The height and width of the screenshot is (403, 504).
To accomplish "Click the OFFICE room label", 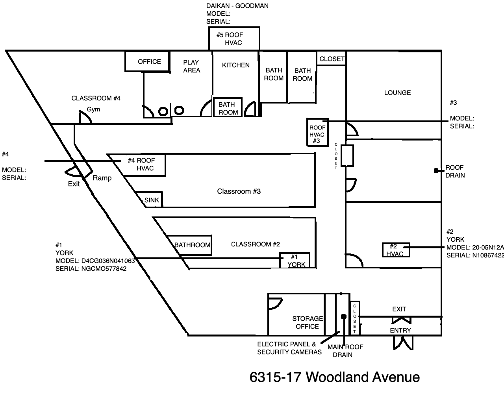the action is coord(149,61).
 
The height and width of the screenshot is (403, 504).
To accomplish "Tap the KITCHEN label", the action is coord(235,65).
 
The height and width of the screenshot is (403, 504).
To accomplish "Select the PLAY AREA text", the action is coord(191,66).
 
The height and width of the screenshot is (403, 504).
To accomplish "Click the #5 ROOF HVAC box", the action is coord(234,39).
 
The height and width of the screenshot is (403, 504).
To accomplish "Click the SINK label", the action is coord(152,200).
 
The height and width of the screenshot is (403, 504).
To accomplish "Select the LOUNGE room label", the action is coord(397,93).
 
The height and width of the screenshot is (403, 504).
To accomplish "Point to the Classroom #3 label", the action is coord(239,191).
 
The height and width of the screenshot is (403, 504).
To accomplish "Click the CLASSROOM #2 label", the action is coord(255,244).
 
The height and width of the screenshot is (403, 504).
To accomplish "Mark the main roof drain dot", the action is coord(344,316).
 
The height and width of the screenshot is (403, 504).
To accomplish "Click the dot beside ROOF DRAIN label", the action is coord(436,171).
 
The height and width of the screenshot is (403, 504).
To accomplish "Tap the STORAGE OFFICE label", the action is coord(308,322).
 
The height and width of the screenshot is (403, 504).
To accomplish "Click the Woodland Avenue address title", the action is coord(334,377).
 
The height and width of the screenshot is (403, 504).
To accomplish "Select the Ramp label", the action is coord(102,178).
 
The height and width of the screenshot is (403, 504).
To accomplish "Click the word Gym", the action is coord(93,109).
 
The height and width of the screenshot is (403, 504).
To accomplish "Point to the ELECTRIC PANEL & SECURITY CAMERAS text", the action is coord(289,348).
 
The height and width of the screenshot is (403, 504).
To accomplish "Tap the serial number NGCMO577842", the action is coord(104,268).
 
